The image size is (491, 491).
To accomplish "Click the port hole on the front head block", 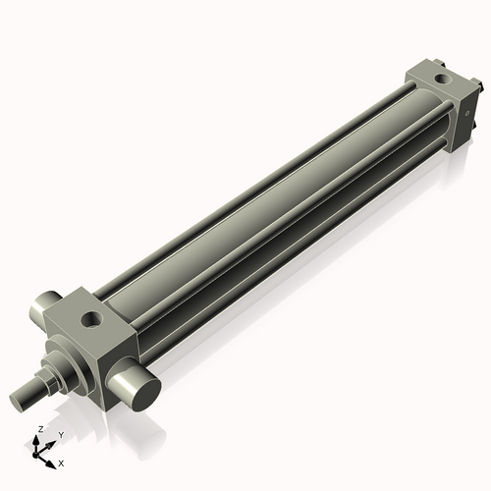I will click(92, 318).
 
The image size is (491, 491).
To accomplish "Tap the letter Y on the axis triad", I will click(61, 435).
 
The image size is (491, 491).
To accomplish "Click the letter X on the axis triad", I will click(61, 462).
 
